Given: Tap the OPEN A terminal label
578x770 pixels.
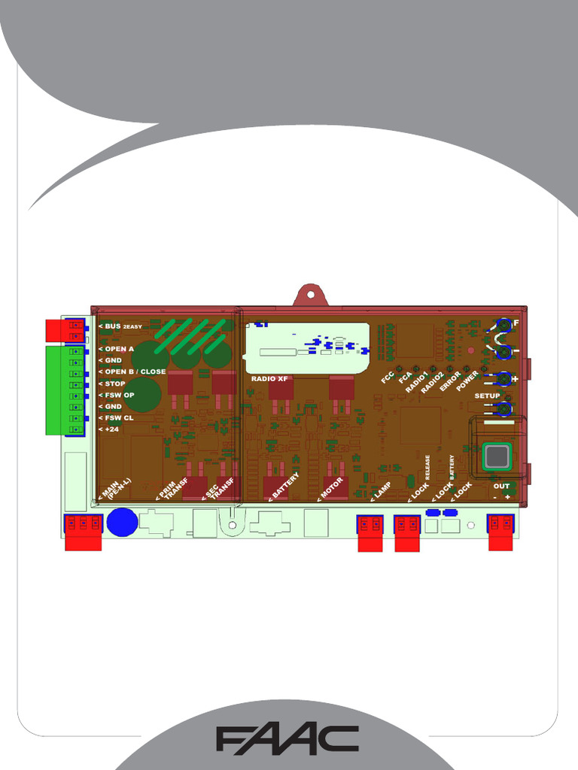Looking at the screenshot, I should pyautogui.click(x=120, y=349).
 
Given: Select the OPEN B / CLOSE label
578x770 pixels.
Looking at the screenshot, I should pyautogui.click(x=135, y=371).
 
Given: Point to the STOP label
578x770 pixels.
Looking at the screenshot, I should pyautogui.click(x=115, y=383).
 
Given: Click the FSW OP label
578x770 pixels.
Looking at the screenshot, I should pyautogui.click(x=119, y=395).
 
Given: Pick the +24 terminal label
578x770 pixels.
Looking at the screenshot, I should pyautogui.click(x=111, y=429).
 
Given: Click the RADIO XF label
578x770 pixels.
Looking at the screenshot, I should pyautogui.click(x=270, y=378).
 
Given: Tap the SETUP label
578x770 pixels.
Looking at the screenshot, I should pyautogui.click(x=487, y=396).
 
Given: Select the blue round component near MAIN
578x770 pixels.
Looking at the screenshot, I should pyautogui.click(x=122, y=522).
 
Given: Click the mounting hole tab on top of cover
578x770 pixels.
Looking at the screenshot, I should pyautogui.click(x=311, y=294).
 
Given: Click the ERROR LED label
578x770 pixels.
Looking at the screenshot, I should pyautogui.click(x=449, y=381).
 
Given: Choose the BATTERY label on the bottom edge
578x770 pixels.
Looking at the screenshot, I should pyautogui.click(x=284, y=487).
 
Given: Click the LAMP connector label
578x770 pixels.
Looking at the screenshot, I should pyautogui.click(x=379, y=492).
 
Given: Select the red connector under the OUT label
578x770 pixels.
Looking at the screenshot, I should pyautogui.click(x=500, y=532).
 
